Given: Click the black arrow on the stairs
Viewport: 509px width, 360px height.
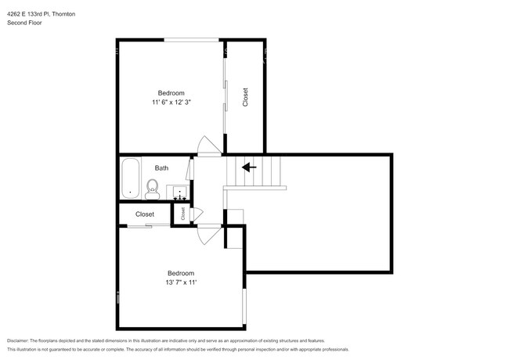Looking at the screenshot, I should (249, 167).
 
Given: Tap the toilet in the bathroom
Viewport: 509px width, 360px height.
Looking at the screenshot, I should (153, 188).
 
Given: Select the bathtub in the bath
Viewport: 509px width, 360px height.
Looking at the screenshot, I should (129, 178).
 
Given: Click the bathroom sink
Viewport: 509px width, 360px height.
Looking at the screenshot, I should (179, 191).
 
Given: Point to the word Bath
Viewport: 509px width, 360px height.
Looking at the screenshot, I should (161, 167).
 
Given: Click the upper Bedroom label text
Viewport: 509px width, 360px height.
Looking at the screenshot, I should (171, 93).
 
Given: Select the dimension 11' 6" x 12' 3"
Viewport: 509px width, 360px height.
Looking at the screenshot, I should (171, 103).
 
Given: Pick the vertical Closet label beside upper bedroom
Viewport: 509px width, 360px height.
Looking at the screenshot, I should (245, 96).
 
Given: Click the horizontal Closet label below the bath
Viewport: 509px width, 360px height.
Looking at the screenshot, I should (145, 214).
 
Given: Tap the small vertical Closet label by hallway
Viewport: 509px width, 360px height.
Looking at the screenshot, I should (182, 213).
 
